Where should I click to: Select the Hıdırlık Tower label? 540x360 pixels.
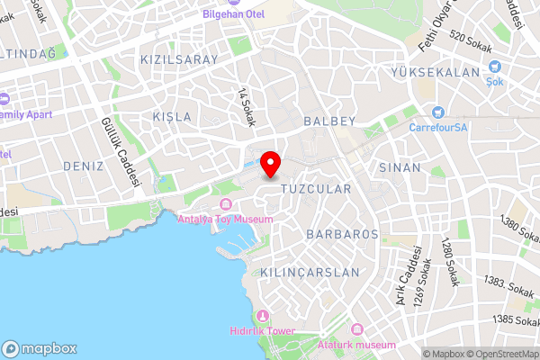[264, 331]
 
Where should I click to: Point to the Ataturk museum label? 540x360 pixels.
[357, 345]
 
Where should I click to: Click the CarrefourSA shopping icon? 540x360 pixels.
[438, 112]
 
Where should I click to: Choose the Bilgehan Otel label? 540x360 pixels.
[233, 14]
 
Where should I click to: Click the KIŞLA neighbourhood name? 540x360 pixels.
[173, 118]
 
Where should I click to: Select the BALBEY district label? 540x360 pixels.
[330, 121]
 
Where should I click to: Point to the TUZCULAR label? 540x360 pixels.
[315, 190]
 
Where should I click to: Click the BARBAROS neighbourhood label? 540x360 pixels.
[342, 234]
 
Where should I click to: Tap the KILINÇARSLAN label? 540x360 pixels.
[310, 272]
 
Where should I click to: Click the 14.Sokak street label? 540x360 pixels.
[246, 107]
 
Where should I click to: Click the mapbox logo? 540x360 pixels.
[39, 347]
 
